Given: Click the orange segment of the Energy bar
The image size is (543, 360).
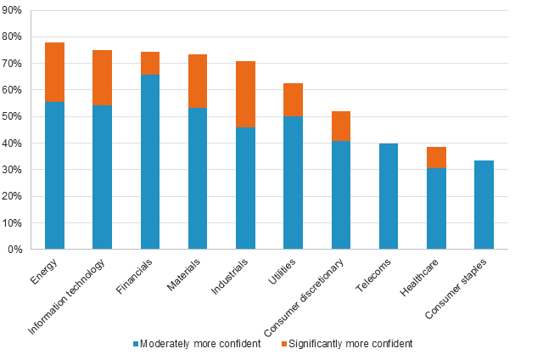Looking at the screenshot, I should click(54, 72).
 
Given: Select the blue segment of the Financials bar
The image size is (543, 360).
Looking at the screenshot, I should click(150, 161).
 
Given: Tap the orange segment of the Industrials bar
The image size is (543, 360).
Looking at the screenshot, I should click(245, 93).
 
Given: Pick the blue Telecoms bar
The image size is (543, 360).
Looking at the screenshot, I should click(389, 196).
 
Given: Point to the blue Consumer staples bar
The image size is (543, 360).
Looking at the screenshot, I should click(484, 205).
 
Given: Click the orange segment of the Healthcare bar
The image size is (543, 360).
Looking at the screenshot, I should click(436, 157).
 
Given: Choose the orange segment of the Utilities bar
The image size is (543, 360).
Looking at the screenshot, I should click(293, 99).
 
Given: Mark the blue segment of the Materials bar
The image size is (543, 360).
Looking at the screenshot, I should click(198, 178).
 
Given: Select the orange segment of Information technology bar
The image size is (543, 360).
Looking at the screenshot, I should click(102, 77).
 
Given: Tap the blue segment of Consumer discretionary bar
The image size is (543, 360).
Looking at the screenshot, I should click(341, 194).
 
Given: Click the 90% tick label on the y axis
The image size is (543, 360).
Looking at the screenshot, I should click(15, 10).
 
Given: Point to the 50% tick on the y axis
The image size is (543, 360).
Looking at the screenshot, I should click(15, 116).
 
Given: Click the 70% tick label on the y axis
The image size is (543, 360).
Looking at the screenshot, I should click(15, 64).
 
